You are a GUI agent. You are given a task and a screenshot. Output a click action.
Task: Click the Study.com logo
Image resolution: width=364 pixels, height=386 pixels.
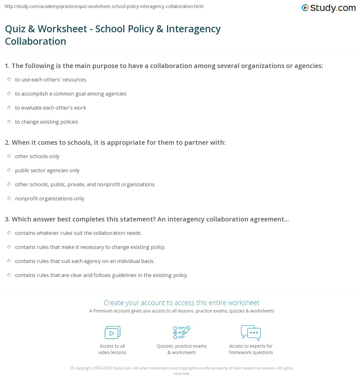point(329,8)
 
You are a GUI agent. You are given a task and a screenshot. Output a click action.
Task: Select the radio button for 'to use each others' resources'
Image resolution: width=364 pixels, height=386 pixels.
point(9,80)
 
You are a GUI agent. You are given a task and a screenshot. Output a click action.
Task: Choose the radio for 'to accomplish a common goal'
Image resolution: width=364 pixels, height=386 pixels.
point(9,94)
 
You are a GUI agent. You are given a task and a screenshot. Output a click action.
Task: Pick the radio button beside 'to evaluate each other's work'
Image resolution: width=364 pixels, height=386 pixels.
point(9,108)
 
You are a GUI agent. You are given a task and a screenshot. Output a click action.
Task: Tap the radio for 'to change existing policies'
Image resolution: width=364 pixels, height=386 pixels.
point(9,122)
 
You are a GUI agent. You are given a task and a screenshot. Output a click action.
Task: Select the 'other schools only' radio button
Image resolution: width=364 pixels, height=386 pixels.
point(9,156)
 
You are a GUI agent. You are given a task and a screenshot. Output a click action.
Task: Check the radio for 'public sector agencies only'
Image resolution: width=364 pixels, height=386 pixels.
point(9,170)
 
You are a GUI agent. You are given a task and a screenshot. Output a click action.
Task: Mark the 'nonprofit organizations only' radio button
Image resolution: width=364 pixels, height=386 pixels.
point(9,198)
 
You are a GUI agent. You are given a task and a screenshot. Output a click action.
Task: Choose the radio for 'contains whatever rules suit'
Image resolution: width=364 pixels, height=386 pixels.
point(9,233)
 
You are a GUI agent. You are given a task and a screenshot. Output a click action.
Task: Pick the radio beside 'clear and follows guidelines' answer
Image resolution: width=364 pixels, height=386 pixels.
point(9,275)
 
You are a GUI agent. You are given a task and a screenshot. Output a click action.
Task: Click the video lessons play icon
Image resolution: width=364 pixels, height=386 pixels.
point(112,333)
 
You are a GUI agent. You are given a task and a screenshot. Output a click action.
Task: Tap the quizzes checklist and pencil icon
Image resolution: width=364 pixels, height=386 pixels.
point(182,332)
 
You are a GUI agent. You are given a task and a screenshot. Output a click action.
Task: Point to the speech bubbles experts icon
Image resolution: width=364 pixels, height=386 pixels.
point(251,332)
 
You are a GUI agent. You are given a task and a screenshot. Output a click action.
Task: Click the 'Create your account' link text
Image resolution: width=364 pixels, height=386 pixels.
point(182,303)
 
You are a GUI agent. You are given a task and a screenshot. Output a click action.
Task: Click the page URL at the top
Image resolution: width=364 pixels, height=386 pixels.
point(104,6)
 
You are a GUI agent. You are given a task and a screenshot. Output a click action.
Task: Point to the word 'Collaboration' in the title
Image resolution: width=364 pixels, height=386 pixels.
point(36,41)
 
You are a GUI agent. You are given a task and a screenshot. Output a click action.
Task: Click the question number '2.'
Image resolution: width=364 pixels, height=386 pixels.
point(7,143)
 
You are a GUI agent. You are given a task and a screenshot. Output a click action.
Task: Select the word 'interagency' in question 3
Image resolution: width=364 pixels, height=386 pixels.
point(186,219)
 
